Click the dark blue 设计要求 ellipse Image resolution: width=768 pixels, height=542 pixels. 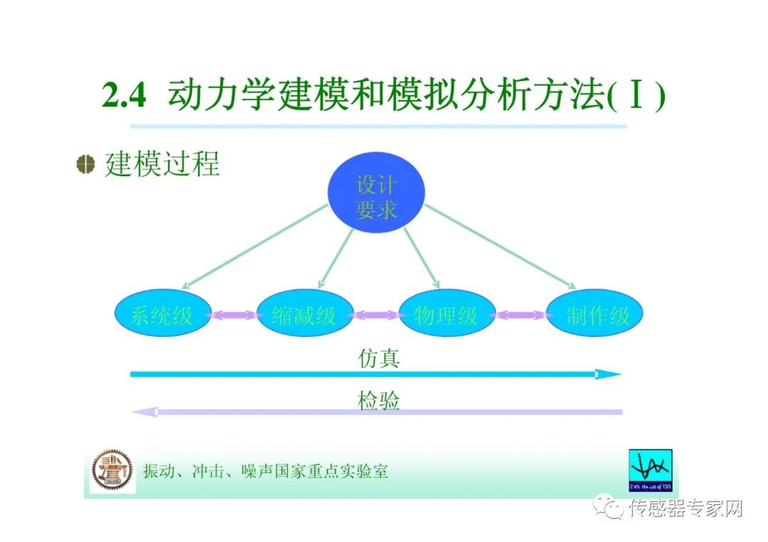coord(375,196)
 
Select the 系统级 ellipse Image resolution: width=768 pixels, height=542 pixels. coord(163,314)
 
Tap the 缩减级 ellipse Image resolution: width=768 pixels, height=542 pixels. coord(304,314)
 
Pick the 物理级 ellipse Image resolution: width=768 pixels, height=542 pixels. coord(447,314)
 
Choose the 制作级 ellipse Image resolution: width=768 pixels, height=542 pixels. coord(594,314)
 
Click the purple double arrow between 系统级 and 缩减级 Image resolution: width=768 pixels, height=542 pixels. coord(233,315)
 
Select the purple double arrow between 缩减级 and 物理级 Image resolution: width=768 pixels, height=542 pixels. coord(375,315)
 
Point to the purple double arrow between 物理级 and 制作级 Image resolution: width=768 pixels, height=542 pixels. coord(521,315)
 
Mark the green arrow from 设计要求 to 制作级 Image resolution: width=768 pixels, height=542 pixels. coord(501,246)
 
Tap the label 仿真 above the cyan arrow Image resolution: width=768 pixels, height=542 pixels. coord(378,358)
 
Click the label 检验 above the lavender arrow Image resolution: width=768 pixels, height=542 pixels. coord(378,401)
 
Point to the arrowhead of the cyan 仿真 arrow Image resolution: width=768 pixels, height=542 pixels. coord(609,374)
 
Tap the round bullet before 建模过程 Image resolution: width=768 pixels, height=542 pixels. coord(86,164)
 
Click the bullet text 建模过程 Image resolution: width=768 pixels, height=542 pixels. coord(162,164)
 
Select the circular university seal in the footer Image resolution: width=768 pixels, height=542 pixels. coord(112,470)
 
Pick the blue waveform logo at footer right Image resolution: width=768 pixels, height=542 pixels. coord(650,470)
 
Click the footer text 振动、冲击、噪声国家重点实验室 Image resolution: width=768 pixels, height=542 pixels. coord(265,471)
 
